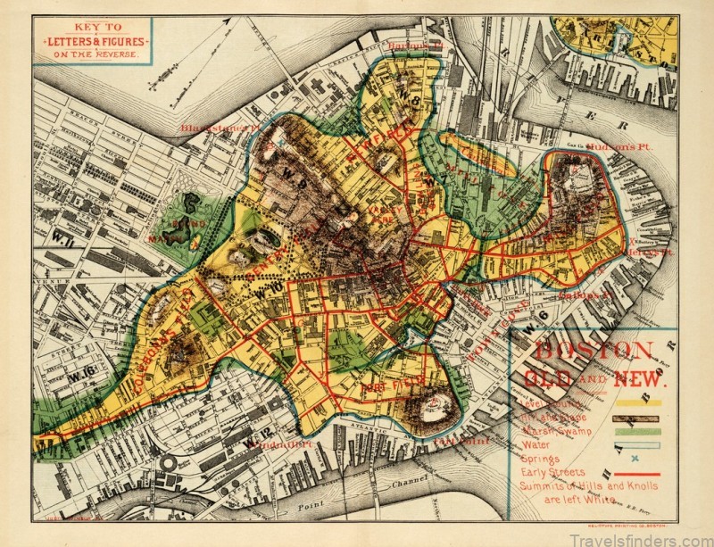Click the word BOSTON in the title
coord(593,349)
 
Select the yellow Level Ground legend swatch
coord(636,402)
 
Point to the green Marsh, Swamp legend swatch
coord(636,430)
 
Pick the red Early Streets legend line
coord(636,473)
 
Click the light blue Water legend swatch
coord(636,444)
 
